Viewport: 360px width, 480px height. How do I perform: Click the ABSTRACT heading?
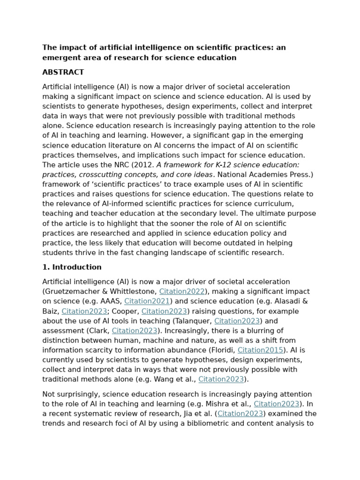coord(63,72)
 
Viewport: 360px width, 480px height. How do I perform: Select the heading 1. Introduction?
coord(72,267)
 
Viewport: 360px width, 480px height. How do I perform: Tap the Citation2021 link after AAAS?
coord(147,301)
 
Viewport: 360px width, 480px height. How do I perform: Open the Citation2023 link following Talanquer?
coord(237,321)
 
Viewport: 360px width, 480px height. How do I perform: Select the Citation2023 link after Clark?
coord(134,331)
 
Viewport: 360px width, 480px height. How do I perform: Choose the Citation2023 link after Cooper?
coord(164,311)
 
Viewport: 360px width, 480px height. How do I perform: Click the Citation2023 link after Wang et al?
coord(221,379)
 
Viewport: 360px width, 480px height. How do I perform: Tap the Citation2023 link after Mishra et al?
coord(277,404)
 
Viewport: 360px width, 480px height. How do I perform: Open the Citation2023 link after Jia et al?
coord(240,414)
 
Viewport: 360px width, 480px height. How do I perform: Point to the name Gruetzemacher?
coord(71,292)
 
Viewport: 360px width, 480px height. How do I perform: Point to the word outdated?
coord(226,243)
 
